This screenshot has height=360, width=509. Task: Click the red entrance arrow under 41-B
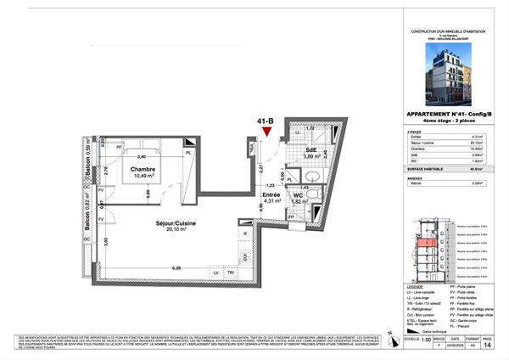[x=269, y=132]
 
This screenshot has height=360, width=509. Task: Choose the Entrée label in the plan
[x=271, y=195]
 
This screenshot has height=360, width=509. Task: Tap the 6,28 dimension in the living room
[x=176, y=268]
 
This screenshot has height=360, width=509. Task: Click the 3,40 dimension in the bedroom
[x=142, y=157]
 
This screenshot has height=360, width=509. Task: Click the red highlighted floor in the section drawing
[x=424, y=248]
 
